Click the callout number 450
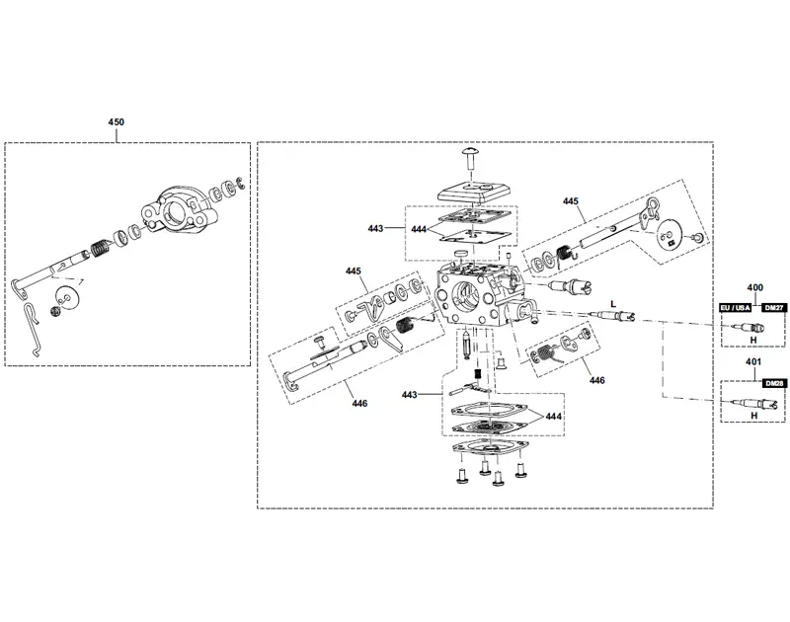tap(116, 121)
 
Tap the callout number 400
tap(754, 287)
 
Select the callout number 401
tap(753, 361)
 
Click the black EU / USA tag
tap(735, 308)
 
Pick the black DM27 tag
tap(774, 308)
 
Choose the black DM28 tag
tap(774, 383)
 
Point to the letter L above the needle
tap(613, 304)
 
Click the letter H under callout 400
tap(753, 341)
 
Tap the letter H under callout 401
tap(753, 416)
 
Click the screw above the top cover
tap(471, 158)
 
